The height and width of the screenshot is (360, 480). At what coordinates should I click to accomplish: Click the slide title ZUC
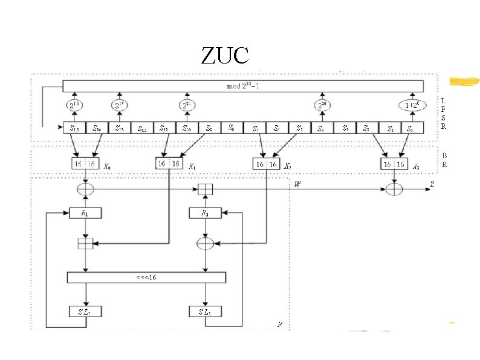[x=225, y=56]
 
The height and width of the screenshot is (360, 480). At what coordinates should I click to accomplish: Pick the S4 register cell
[x=321, y=128]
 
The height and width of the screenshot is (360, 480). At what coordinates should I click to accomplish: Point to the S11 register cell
[x=164, y=128]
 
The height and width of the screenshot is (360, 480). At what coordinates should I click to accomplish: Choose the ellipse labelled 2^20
[x=321, y=105]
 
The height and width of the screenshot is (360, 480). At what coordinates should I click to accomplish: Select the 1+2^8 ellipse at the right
[x=411, y=105]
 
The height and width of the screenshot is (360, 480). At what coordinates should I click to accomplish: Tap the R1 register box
[x=85, y=214]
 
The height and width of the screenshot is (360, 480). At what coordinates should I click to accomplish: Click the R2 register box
[x=206, y=214]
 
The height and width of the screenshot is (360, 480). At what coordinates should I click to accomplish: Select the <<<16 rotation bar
[x=146, y=278]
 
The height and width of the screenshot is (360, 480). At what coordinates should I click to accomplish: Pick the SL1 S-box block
[x=85, y=312]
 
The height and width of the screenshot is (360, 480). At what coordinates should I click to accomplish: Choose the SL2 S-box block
[x=206, y=312]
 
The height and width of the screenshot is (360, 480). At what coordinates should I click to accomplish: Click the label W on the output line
[x=297, y=183]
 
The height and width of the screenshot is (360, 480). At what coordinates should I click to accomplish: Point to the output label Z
[x=432, y=183]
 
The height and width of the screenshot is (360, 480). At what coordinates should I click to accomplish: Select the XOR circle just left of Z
[x=394, y=189]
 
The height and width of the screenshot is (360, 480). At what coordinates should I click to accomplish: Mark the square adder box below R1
[x=85, y=244]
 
